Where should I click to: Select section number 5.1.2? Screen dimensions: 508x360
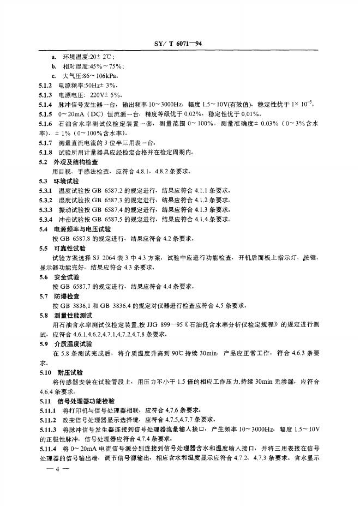tap(46, 86)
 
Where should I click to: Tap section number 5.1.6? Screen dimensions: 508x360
tap(46, 124)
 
